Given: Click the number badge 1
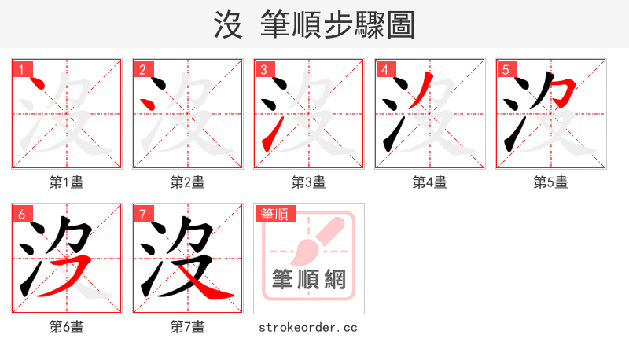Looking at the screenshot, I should point(21,69).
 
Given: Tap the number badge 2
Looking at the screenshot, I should point(142,69).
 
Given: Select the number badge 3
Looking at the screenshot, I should point(263,69).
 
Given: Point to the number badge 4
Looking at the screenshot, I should point(384,69).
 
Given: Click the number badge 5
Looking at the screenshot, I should point(506,69).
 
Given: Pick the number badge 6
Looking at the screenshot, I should point(21,214).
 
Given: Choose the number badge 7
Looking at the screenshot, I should point(142,214).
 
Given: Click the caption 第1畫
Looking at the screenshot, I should point(67,182).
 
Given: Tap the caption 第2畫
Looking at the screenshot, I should point(188,182).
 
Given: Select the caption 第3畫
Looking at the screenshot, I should point(309,182).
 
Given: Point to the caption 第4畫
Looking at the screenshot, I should point(430,182).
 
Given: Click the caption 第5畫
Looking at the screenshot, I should point(551,182).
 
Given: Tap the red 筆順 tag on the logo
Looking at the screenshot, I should point(274,214).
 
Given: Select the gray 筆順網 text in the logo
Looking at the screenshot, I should point(309,279).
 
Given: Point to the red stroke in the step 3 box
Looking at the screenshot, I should point(268,137).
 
